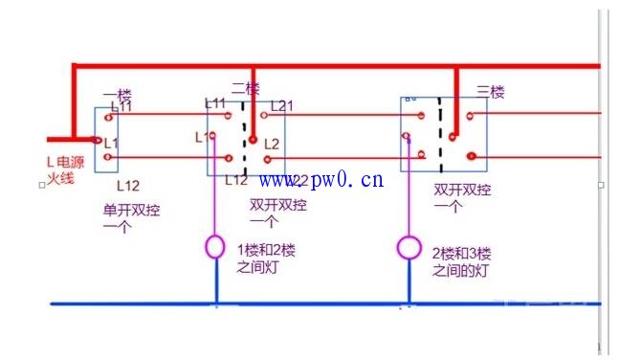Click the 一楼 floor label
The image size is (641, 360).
(x=117, y=95)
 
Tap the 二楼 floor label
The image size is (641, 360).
(x=245, y=88)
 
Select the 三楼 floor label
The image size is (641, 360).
(x=490, y=92)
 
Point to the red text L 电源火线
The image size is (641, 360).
(x=65, y=170)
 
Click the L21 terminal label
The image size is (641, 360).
(x=281, y=105)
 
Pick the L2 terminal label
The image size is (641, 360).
(x=272, y=144)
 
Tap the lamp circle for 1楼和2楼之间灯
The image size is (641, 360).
(x=216, y=248)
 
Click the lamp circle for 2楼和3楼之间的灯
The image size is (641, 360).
(x=409, y=249)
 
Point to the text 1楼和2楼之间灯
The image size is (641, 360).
(x=266, y=259)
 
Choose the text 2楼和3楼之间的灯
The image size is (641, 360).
(x=461, y=262)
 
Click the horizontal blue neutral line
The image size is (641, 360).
(x=316, y=304)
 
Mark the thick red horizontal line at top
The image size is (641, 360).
(x=335, y=66)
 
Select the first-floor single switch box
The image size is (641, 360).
(x=106, y=140)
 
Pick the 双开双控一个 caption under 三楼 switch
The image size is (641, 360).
(x=462, y=198)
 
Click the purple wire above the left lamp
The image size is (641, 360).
(x=216, y=201)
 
